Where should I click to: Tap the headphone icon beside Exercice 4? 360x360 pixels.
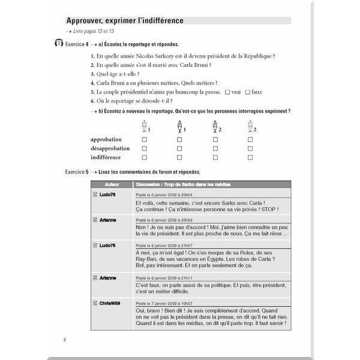point(58,44)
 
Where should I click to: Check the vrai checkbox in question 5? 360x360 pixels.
point(227,92)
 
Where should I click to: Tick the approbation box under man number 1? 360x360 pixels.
point(144,139)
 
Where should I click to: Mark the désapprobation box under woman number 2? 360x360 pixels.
point(215,148)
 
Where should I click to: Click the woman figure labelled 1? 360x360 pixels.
point(179,127)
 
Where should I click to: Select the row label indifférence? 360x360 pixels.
point(106,158)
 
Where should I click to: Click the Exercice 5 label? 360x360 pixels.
point(76,172)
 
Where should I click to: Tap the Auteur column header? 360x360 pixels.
point(112,185)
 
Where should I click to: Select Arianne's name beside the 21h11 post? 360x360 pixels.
point(108,278)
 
